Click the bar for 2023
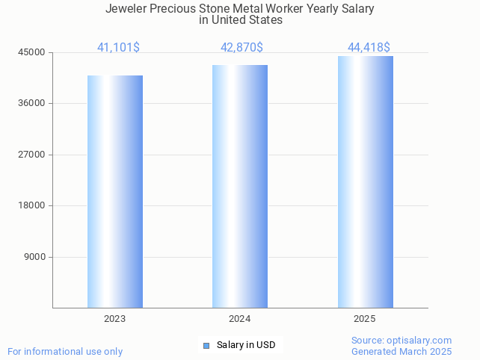pyautogui.click(x=115, y=191)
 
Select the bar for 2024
pyautogui.click(x=240, y=186)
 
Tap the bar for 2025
pyautogui.click(x=365, y=181)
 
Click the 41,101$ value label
pyautogui.click(x=118, y=47)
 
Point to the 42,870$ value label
pyautogui.click(x=241, y=47)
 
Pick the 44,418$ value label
pyautogui.click(x=369, y=47)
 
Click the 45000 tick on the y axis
pyautogui.click(x=32, y=52)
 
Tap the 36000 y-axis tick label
pyautogui.click(x=32, y=103)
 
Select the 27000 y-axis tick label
pyautogui.click(x=32, y=155)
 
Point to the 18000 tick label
pyautogui.click(x=32, y=205)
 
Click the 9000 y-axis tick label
pyautogui.click(x=34, y=257)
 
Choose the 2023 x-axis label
pyautogui.click(x=115, y=319)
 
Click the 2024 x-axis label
pyautogui.click(x=240, y=319)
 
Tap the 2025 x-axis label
pyautogui.click(x=365, y=319)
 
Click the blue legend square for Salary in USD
pyautogui.click(x=206, y=345)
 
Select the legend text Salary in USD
pyautogui.click(x=246, y=345)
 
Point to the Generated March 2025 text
pyautogui.click(x=401, y=351)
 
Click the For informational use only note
pyautogui.click(x=65, y=351)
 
